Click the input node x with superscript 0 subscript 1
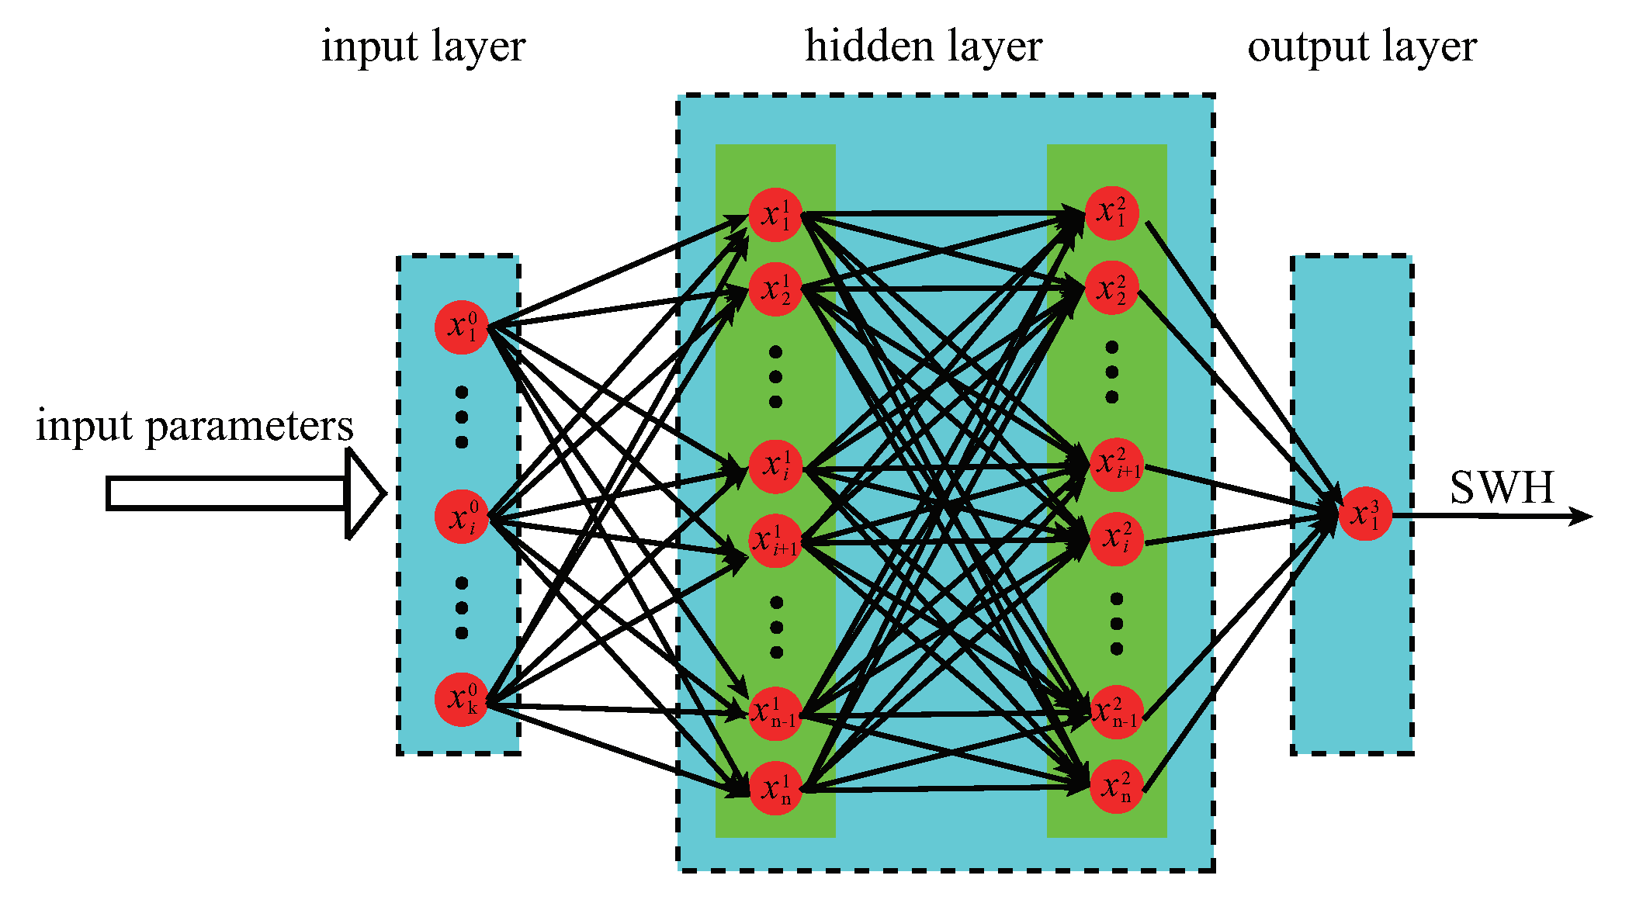(461, 327)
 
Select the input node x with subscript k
(461, 700)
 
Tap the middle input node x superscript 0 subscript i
(461, 517)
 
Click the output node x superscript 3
(1365, 514)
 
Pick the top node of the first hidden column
(775, 215)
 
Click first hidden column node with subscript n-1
(775, 713)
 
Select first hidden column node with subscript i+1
(775, 541)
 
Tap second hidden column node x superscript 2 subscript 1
(1111, 213)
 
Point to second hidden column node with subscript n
(1116, 787)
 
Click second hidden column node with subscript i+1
(1116, 465)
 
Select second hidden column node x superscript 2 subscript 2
(1111, 288)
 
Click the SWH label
(1502, 488)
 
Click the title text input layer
(424, 47)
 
